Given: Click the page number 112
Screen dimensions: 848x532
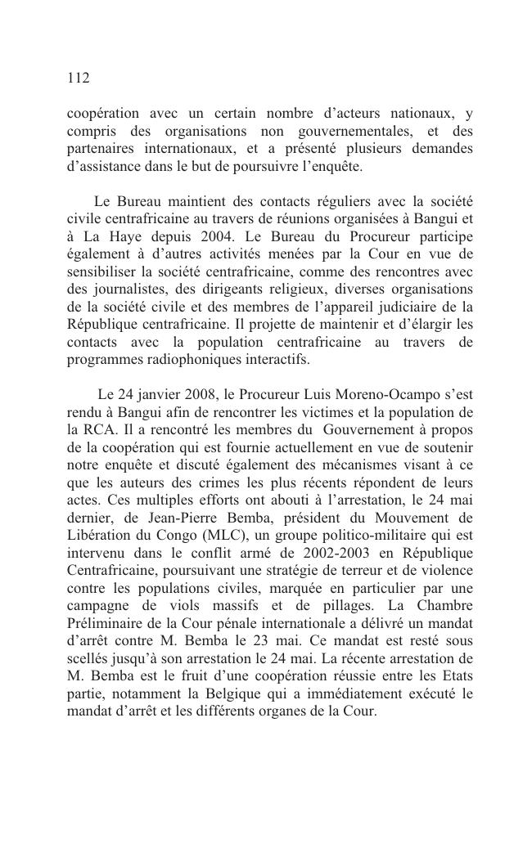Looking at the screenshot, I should click(x=78, y=79).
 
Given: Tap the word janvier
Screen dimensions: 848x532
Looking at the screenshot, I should click(x=157, y=394).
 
